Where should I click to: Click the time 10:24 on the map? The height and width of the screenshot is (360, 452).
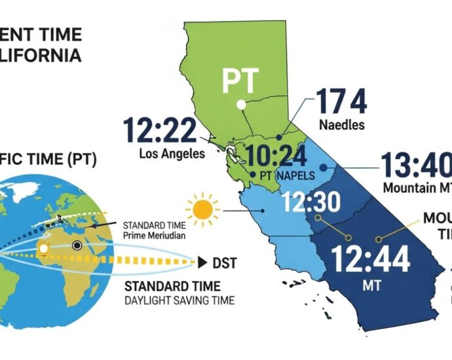click(276, 156)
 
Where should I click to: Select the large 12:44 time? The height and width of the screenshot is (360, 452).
click(371, 258)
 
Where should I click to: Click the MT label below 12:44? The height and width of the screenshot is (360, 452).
click(371, 287)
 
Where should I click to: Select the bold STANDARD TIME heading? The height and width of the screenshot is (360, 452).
click(172, 287)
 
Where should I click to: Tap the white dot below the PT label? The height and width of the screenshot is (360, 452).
click(241, 104)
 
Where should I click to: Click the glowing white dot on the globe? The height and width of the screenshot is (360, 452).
click(45, 249)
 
